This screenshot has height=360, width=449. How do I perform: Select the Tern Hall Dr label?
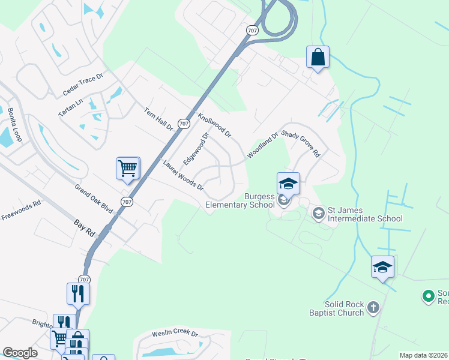[158, 119]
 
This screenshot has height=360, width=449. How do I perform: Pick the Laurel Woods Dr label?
[183, 175]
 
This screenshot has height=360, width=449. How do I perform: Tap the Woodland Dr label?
[262, 145]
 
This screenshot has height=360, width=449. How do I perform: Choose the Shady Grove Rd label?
[301, 144]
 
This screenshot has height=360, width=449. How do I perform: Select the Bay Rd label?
[85, 227]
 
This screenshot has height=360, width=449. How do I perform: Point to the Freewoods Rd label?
[20, 211]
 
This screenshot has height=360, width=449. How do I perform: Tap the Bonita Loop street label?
[14, 125]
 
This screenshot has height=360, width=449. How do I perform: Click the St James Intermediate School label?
[364, 214]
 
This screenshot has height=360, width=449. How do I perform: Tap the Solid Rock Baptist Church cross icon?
[373, 308]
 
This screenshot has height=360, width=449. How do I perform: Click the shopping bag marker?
[318, 58]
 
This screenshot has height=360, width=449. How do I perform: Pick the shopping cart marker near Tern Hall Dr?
[128, 168]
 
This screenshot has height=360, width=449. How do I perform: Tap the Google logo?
[20, 353]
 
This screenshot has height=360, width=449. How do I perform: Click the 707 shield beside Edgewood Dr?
[184, 124]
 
